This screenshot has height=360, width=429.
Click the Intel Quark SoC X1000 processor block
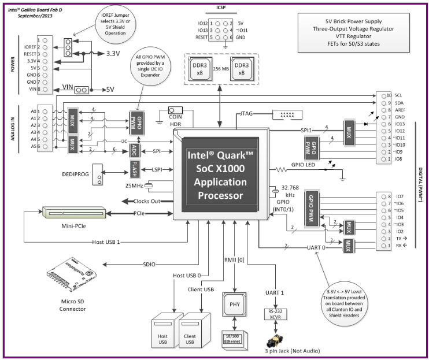pos(221,175)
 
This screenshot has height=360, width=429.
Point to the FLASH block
pos(134,169)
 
